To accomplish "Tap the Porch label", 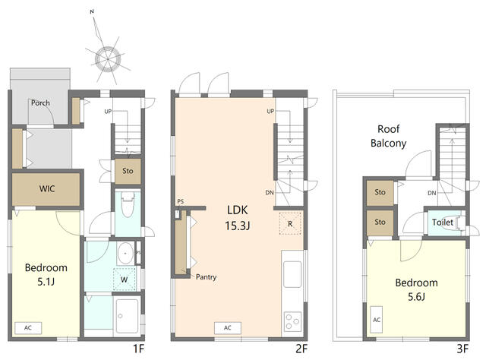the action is tap(40, 103).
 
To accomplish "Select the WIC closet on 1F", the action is tap(46, 189).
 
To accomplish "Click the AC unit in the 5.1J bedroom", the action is tap(28, 328).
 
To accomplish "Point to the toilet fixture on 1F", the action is tap(128, 204).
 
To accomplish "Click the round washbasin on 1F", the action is tap(125, 254).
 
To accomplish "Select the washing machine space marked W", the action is tap(125, 279).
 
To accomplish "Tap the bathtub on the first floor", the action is tap(127, 316).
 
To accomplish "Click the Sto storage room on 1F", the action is tap(128, 171).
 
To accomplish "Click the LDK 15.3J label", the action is tap(238, 218).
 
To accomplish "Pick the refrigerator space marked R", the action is tap(290, 223).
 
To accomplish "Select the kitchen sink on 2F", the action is tap(292, 274).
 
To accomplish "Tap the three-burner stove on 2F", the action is tap(293, 321).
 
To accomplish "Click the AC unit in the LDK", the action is tap(228, 328).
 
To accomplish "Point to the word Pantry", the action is tap(206, 276).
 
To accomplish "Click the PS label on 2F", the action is tap(181, 201).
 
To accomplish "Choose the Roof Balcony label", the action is tap(388, 136).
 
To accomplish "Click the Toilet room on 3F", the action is tap(444, 223).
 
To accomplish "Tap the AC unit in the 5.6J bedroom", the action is tap(377, 320).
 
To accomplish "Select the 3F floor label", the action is tap(462, 349).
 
